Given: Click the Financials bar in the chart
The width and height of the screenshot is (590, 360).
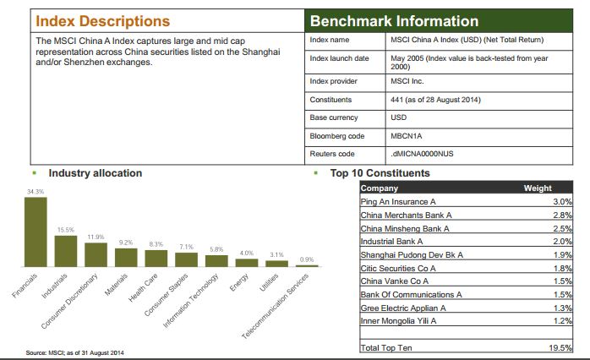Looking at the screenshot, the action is [x=36, y=232].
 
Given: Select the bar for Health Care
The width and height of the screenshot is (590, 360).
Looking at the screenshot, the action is [x=156, y=259].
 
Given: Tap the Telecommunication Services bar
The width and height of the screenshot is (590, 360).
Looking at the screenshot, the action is [x=307, y=266].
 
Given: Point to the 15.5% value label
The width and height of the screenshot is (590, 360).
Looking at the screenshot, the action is [x=66, y=230].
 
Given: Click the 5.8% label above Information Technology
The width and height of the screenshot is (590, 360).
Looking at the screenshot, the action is [x=216, y=249].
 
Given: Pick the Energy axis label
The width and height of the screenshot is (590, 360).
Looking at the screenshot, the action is [x=239, y=282].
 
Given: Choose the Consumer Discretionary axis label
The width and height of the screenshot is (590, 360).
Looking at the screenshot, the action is [x=69, y=301].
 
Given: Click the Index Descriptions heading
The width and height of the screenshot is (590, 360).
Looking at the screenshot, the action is [x=103, y=21].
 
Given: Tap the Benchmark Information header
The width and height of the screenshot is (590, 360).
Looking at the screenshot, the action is [x=395, y=21].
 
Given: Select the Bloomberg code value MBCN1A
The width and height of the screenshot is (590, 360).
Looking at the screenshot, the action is [x=406, y=136].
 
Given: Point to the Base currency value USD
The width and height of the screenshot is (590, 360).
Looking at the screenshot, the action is [x=398, y=117].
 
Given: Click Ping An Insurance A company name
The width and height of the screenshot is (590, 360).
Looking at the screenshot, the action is [x=398, y=202].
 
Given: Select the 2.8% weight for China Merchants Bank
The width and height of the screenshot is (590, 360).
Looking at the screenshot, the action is [x=563, y=215].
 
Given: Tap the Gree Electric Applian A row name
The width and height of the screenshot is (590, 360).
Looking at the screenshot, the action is [x=403, y=308].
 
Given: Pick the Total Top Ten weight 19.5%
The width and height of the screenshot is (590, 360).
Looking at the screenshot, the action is [x=560, y=347].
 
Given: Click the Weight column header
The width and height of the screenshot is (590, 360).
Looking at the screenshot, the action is [x=538, y=188].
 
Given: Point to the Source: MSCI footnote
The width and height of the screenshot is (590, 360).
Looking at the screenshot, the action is [x=74, y=353].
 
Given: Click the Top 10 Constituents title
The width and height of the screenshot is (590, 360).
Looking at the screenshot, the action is [x=380, y=173].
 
